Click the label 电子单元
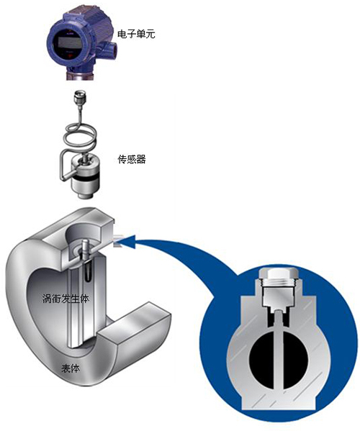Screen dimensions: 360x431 136,34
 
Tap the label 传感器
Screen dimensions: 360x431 132,159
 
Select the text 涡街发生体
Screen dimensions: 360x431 66,298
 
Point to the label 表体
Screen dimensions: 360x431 71,368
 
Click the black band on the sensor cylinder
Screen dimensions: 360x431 85,179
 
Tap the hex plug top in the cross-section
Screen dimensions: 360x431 280,275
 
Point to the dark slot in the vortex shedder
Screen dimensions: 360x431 88,273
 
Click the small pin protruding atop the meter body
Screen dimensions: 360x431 86,245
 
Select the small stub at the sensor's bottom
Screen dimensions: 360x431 85,196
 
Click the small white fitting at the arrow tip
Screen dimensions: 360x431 117,240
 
